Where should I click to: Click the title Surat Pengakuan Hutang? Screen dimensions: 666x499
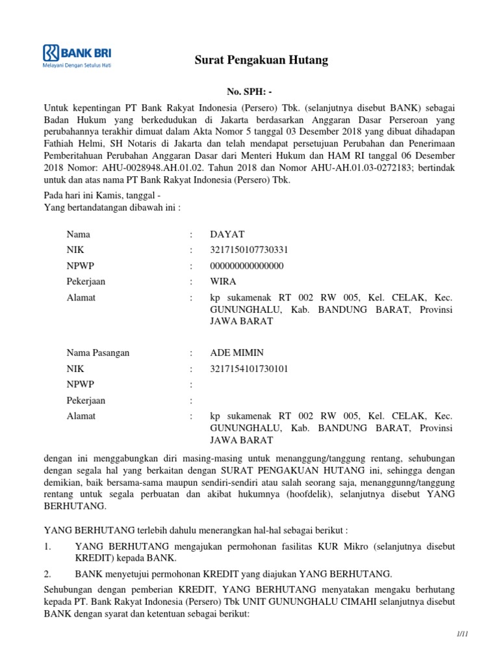262,60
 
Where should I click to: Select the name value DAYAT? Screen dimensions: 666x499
226,234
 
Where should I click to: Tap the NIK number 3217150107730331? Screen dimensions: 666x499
249,250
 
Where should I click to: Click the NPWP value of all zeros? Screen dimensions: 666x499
247,266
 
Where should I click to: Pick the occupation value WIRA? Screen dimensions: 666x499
224,282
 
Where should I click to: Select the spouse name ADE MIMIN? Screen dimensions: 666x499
237,353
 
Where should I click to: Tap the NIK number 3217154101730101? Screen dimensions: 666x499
249,369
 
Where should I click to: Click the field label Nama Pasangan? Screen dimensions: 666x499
98,353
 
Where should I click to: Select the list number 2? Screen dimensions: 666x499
47,574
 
